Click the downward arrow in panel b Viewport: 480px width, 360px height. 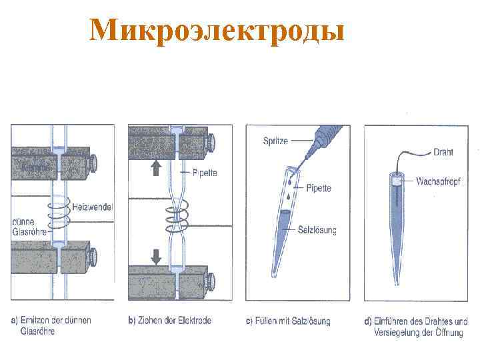coord(156,257)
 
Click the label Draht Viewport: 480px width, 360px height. coord(443,152)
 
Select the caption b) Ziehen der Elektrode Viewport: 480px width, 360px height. coord(169,321)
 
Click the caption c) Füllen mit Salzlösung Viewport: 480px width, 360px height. coord(288,321)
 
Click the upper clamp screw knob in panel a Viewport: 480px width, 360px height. coord(93,161)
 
